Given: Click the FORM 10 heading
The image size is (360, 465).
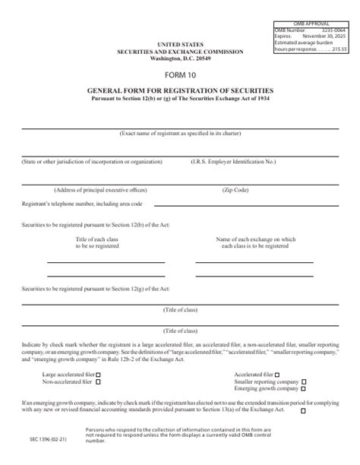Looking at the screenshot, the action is coord(180,75).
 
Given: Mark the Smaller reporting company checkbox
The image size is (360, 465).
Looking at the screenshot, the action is coord(304,381).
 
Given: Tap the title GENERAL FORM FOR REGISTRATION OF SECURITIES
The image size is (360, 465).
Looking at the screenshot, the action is coord(180,90).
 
